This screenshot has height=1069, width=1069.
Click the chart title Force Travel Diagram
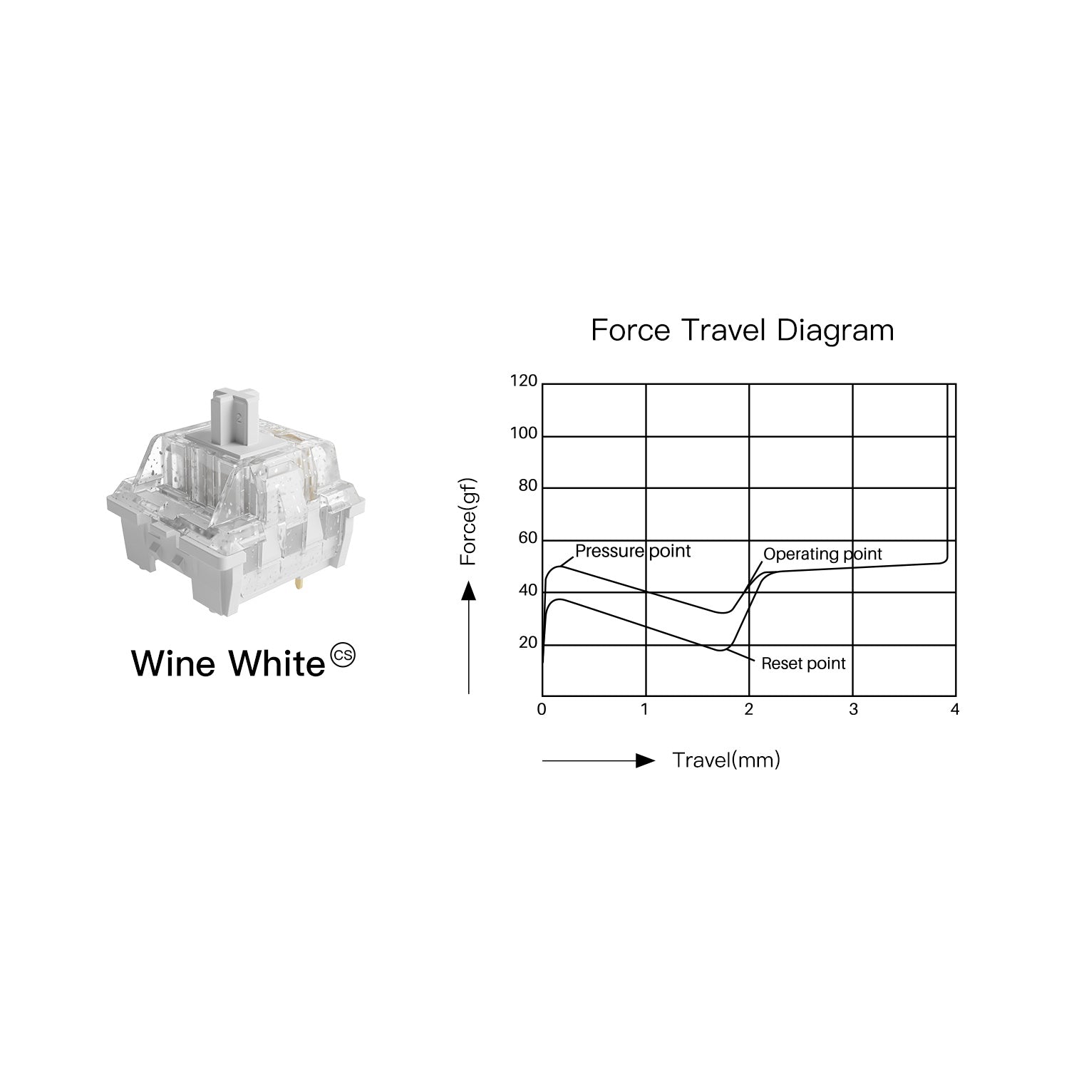(742, 331)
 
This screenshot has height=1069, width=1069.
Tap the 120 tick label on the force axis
(524, 381)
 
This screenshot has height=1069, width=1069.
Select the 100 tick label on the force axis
(524, 433)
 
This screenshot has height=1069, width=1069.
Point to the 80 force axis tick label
(527, 486)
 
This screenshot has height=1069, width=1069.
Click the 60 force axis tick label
(527, 538)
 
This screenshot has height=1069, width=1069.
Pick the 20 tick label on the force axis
(527, 643)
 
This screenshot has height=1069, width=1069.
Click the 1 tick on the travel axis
(645, 710)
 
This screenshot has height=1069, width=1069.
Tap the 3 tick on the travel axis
(853, 710)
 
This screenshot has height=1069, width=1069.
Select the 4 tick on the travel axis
(955, 710)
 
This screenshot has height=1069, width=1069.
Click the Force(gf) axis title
(468, 522)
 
